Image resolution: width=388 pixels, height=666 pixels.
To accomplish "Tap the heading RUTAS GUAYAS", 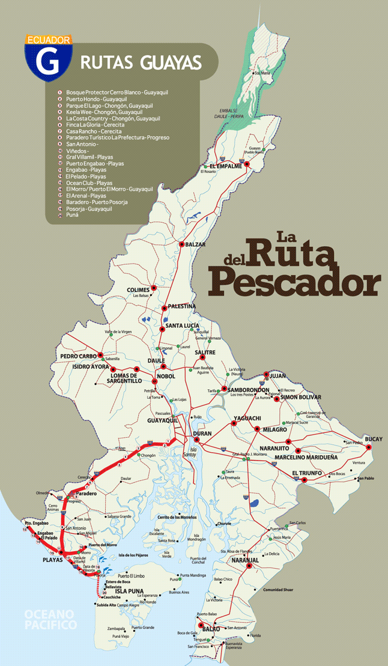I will (141, 62).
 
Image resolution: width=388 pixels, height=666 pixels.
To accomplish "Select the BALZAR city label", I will (195, 244).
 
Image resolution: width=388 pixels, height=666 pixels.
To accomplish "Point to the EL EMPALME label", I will (225, 166).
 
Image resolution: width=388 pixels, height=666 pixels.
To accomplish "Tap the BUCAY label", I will (373, 439).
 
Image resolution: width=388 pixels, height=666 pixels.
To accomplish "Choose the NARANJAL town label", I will (244, 560).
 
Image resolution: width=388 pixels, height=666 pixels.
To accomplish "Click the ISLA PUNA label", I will (129, 591).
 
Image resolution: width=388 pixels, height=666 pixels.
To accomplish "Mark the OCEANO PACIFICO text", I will (50, 619).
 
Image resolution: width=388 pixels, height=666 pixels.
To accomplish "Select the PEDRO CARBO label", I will (79, 356).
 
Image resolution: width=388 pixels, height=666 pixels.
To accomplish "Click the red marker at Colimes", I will (154, 288).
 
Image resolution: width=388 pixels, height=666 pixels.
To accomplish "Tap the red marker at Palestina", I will (164, 308).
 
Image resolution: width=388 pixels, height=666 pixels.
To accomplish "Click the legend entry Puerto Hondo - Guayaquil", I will (97, 98).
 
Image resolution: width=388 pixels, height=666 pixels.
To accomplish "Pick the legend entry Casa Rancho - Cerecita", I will (94, 131).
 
